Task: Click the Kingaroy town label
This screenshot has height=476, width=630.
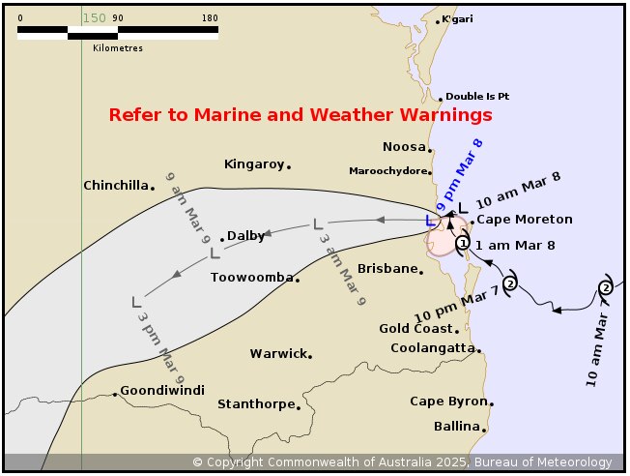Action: click(x=254, y=164)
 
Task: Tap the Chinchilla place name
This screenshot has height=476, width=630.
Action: click(x=117, y=185)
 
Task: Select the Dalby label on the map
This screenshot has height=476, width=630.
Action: click(x=245, y=235)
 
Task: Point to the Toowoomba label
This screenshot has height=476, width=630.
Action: click(x=251, y=278)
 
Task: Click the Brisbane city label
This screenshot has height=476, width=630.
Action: click(x=387, y=268)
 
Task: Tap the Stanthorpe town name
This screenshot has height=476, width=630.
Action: click(x=255, y=404)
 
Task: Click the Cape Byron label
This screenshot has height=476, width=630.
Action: click(x=448, y=402)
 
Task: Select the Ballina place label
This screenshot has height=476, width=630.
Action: click(x=457, y=427)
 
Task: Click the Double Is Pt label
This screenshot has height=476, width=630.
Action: click(x=477, y=97)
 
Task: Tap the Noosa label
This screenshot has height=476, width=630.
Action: click(x=404, y=147)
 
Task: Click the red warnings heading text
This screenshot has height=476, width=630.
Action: click(x=301, y=115)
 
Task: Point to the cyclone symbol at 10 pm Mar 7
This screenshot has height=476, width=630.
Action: click(x=510, y=282)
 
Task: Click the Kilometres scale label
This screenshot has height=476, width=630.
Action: click(x=118, y=46)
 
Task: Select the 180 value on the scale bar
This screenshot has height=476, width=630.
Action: click(x=210, y=17)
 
